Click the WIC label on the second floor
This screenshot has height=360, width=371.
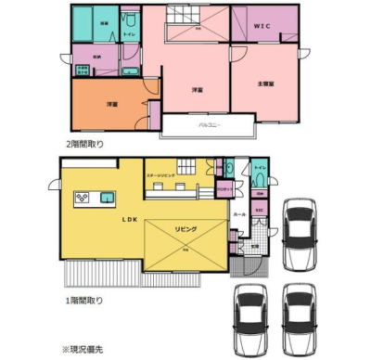[x=262, y=27]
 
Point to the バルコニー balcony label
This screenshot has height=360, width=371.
[x=209, y=124]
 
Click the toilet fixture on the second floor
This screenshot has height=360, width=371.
[x=130, y=20]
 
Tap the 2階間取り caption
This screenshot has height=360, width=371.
[x=85, y=146]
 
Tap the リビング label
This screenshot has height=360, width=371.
[x=186, y=227]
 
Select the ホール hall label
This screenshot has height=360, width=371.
[x=240, y=212]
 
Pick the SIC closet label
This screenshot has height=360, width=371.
[x=260, y=211]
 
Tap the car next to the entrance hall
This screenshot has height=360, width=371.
[x=300, y=232]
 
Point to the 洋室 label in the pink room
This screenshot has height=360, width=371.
[x=197, y=90]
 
